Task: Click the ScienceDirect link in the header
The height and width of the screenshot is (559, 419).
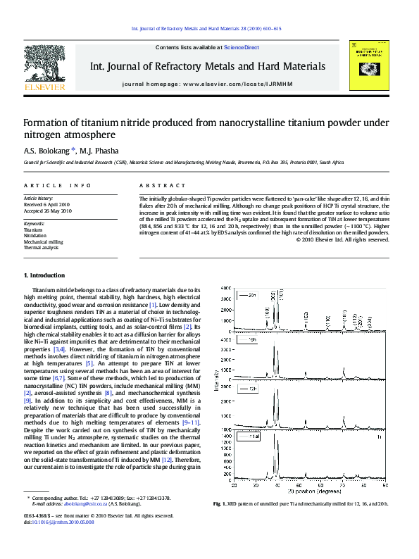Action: click(241, 47)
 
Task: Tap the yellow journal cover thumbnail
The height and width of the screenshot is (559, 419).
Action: click(371, 66)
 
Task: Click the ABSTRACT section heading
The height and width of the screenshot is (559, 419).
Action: click(158, 185)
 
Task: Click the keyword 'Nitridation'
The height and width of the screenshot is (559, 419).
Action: click(37, 235)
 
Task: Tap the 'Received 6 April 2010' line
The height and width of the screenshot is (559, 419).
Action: click(48, 204)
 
